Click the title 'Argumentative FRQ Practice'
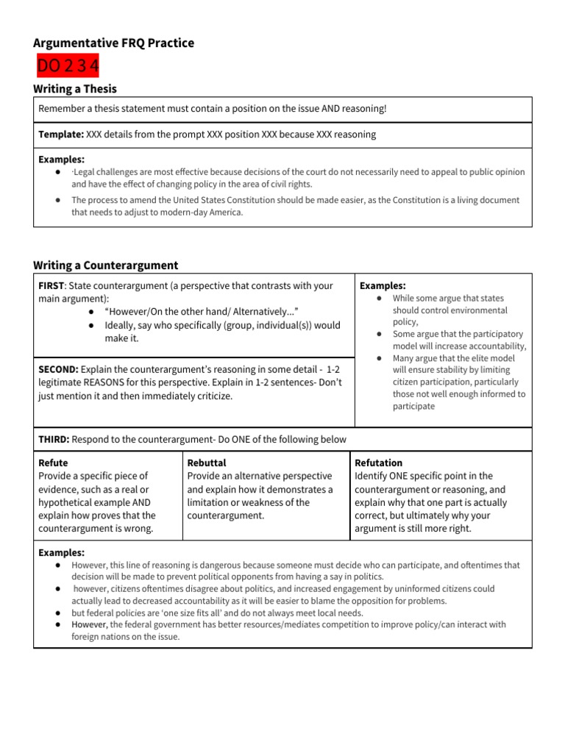[113, 43]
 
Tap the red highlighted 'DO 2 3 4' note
[68, 67]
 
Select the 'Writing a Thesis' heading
[75, 89]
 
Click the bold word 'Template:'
[61, 135]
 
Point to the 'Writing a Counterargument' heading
[105, 265]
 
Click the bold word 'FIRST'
[51, 285]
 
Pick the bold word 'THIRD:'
[54, 440]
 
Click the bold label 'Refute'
[53, 463]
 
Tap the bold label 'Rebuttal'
[207, 463]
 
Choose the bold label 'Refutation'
[378, 463]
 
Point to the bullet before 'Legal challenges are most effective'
[57, 172]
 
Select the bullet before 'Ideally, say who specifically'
[90, 325]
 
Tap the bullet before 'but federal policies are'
[57, 613]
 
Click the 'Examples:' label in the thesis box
[61, 159]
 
